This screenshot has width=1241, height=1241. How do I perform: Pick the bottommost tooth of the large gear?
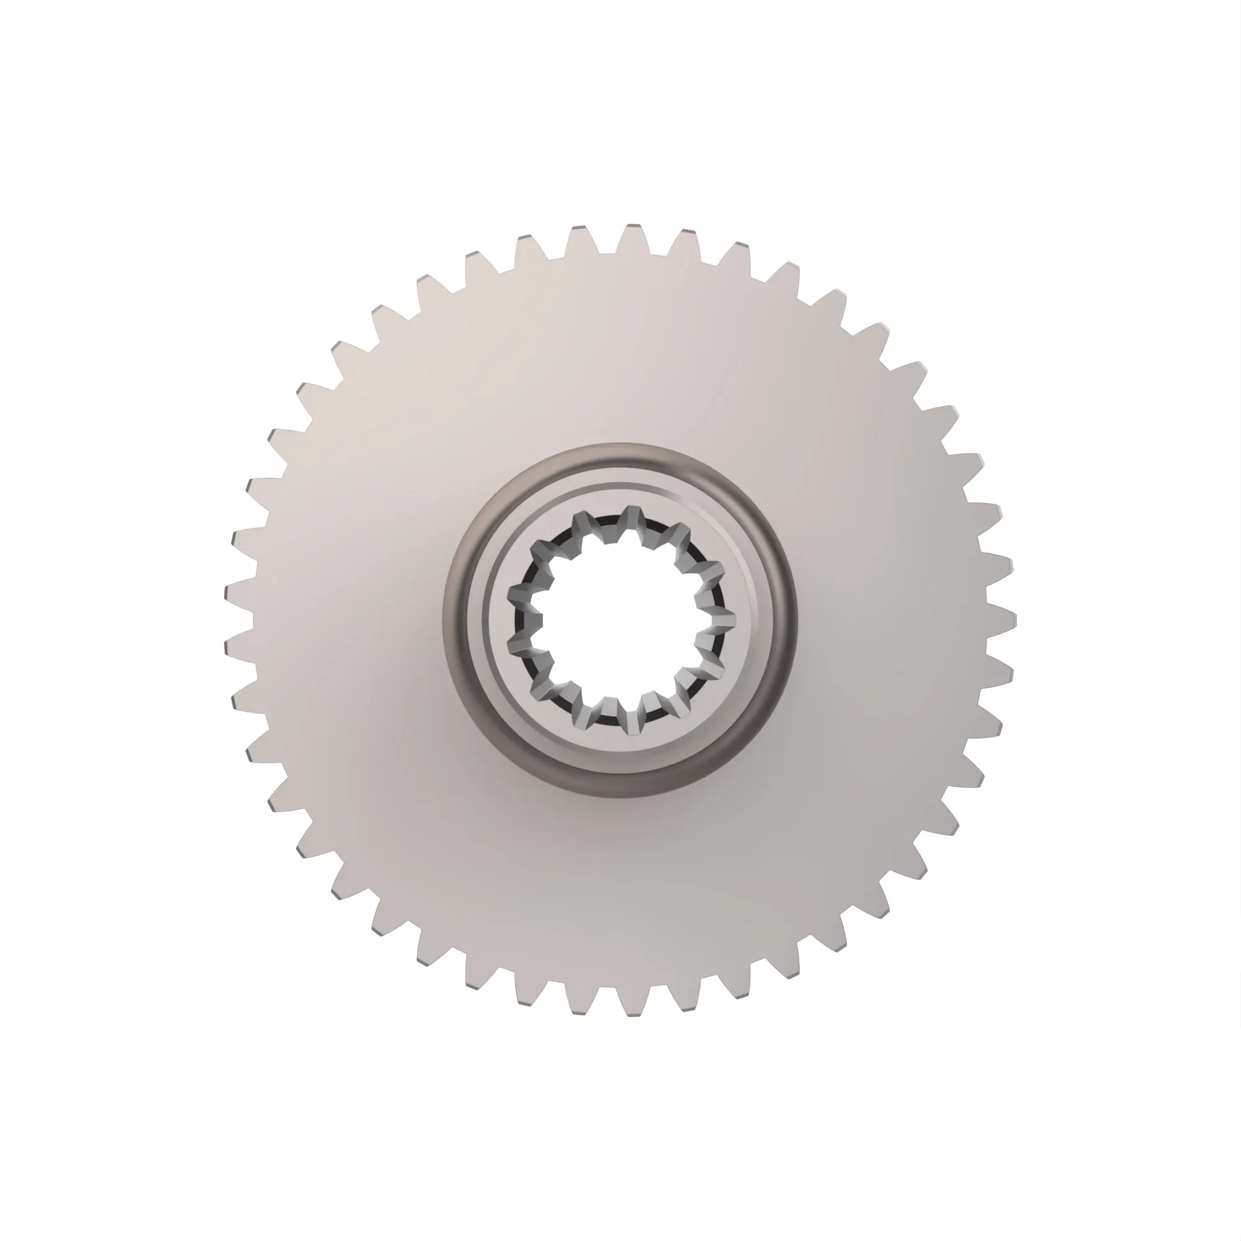pyautogui.click(x=634, y=1006)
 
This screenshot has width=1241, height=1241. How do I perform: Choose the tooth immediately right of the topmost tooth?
pyautogui.click(x=686, y=241)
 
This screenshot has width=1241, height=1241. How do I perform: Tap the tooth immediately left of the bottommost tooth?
pyautogui.click(x=580, y=1004)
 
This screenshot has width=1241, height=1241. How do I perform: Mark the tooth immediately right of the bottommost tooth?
pyautogui.click(x=686, y=1001)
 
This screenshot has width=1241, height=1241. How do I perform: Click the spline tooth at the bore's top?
pyautogui.click(x=632, y=517)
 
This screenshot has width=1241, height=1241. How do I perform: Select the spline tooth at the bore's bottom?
pyautogui.click(x=634, y=724)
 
